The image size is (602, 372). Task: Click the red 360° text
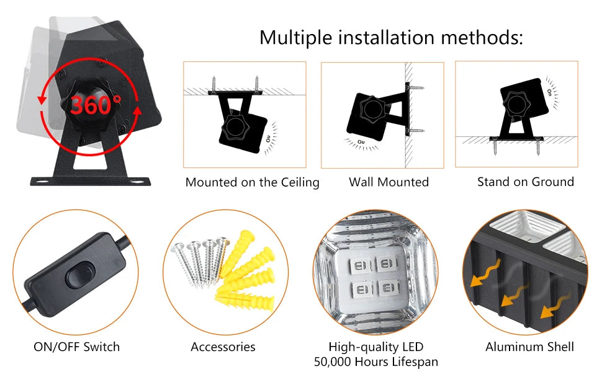[95, 104]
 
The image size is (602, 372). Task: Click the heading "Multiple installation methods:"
[391, 38]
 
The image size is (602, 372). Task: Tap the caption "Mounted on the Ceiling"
[252, 182]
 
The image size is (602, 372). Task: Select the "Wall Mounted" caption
[389, 182]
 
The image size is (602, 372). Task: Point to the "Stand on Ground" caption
[526, 182]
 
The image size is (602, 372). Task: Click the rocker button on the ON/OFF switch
[79, 274]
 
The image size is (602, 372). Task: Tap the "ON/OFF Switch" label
[77, 347]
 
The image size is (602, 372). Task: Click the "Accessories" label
[223, 347]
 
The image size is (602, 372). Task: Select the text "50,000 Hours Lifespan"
[376, 361]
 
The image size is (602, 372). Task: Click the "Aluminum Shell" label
[529, 347]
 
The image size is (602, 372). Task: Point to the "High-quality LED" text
[376, 347]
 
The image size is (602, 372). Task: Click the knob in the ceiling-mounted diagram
[235, 126]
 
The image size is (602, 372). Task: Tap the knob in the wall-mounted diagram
[372, 109]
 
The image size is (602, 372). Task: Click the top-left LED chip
[360, 265]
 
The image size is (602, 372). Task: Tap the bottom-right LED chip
[388, 288]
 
